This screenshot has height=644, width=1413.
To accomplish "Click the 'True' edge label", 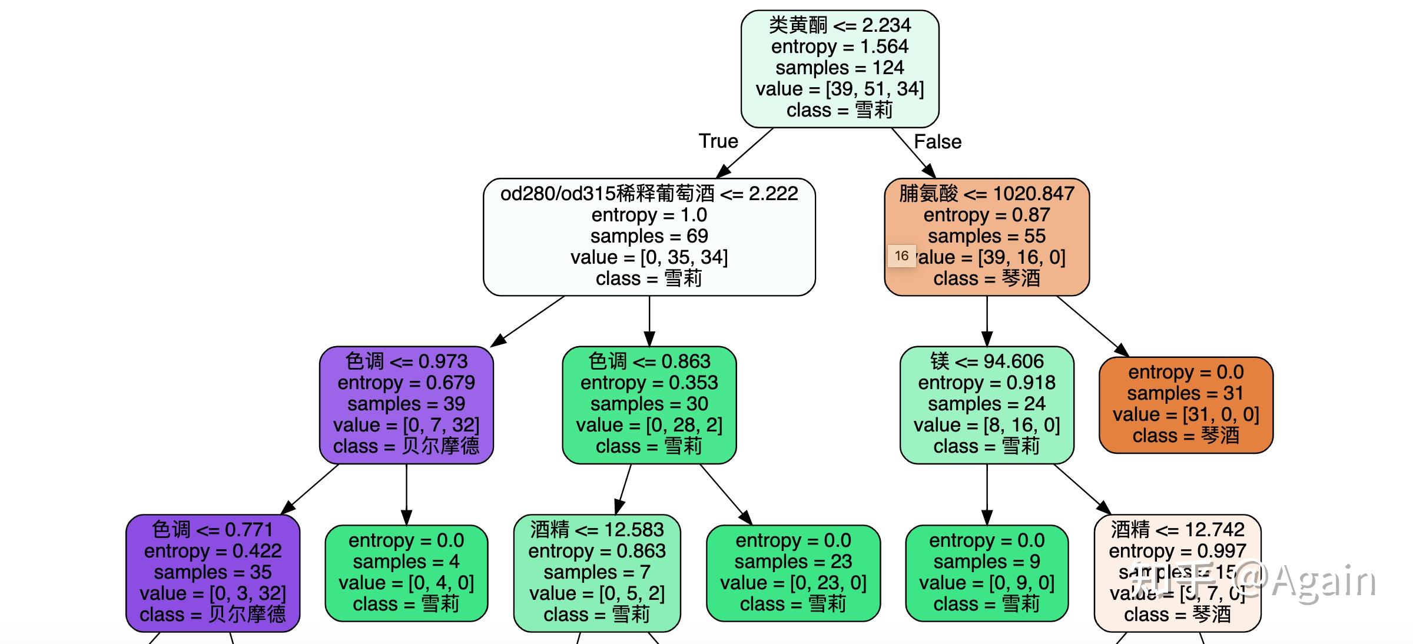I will click(718, 141).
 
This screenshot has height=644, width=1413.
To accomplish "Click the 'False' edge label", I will click(937, 142).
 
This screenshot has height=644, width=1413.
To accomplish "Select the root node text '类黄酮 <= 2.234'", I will click(840, 25).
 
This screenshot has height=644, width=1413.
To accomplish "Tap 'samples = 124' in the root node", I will click(840, 68).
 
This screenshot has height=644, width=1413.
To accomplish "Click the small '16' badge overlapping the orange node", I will click(901, 256).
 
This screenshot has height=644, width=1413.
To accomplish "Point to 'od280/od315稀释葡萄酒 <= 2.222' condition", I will click(649, 194).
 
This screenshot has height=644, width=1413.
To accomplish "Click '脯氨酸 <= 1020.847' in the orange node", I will click(987, 194).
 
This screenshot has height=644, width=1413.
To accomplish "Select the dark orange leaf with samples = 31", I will click(1186, 405).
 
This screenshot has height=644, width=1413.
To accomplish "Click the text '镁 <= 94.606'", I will click(987, 361).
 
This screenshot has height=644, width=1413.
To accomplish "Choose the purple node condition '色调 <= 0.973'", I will click(406, 361).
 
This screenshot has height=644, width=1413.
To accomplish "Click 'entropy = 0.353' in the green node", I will click(649, 383).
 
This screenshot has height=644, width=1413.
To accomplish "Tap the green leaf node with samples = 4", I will click(406, 573).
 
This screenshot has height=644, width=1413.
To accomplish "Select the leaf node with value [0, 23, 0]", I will click(793, 573).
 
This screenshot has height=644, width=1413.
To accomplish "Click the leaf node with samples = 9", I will click(987, 573).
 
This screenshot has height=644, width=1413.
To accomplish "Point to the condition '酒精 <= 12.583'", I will click(597, 530).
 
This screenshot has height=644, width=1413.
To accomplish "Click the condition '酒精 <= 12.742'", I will click(1177, 530).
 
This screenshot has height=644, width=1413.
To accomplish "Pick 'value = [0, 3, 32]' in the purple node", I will click(213, 593).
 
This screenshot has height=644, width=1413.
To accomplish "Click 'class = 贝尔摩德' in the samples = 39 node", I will click(406, 446).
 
